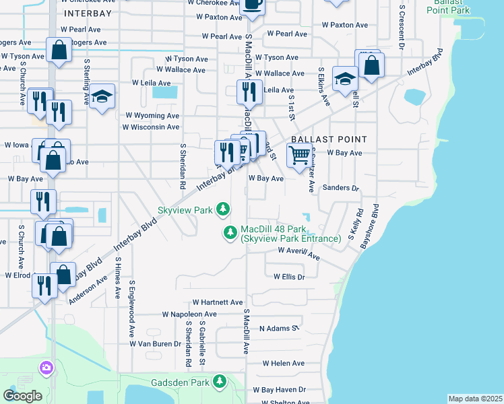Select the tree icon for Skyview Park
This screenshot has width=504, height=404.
click(223, 211)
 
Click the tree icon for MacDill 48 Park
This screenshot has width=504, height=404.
click(230, 232)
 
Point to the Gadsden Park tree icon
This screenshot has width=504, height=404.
click(219, 382)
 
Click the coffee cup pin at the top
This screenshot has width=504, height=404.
click(252, 4)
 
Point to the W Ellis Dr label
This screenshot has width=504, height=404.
click(289, 277)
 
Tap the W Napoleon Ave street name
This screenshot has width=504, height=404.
click(189, 314)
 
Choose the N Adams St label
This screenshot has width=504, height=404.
click(278, 329)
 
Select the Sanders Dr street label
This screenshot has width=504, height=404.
click(341, 189)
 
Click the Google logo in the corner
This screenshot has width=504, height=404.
click(22, 396)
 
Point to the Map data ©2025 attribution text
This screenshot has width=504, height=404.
click(474, 399)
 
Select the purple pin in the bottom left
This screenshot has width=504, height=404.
click(46, 368)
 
